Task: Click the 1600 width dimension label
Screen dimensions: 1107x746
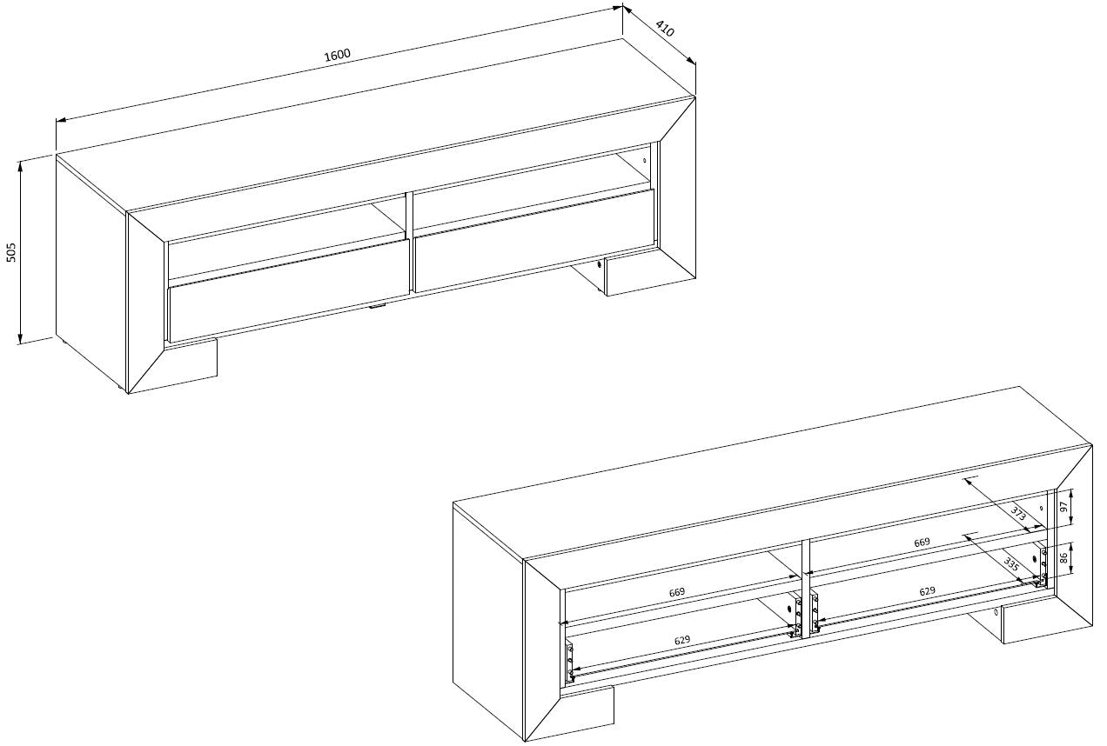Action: [x=338, y=54]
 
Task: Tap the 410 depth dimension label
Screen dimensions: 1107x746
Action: [x=665, y=29]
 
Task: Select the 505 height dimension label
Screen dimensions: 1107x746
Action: [x=12, y=252]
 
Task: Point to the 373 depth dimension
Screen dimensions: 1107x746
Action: [x=1018, y=514]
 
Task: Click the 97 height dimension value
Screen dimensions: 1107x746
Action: [x=1064, y=506]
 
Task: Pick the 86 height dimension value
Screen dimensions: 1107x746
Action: [x=1064, y=558]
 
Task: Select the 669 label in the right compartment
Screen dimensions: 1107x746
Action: [x=922, y=542]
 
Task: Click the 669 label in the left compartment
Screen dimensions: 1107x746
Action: [x=676, y=591]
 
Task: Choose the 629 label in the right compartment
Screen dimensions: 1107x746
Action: [x=927, y=591]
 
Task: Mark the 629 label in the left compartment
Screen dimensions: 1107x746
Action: [x=682, y=640]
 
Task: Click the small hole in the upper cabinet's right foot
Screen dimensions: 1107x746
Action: [x=600, y=264]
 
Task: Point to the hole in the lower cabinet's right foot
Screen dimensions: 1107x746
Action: [x=996, y=612]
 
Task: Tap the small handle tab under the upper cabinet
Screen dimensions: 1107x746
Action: [x=377, y=307]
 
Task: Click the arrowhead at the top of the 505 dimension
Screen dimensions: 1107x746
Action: [x=20, y=165]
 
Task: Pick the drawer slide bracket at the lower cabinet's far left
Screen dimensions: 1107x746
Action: [x=570, y=662]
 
